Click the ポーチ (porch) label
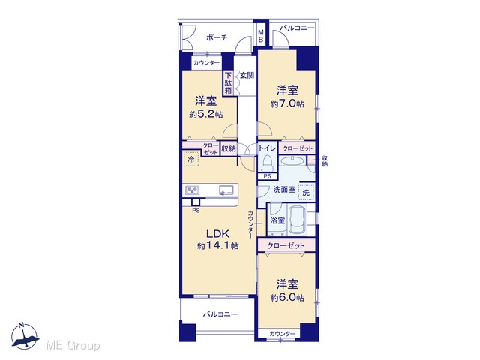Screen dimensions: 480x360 [x=217, y=37]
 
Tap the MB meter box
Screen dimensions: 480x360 [x=261, y=35]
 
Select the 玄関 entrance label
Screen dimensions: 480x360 [x=247, y=75]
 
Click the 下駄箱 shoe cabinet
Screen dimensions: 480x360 [x=228, y=83]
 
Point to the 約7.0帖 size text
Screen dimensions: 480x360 [x=287, y=103]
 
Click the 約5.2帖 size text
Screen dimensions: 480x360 [x=206, y=115]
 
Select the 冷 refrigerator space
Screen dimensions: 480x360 [x=191, y=159]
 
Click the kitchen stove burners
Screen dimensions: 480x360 [x=192, y=190]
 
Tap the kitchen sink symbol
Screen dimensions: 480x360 [x=226, y=190]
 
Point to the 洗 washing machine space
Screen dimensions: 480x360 [x=306, y=193]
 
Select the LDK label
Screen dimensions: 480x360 [x=217, y=234]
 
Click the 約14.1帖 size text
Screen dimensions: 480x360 [x=218, y=245]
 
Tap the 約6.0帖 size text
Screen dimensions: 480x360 [x=287, y=297]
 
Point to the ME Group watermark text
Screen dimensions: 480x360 [x=73, y=346]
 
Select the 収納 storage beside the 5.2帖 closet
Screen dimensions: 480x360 [x=228, y=148]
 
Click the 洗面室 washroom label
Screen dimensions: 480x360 [x=284, y=190]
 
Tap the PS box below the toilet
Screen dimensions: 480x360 [x=268, y=176]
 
